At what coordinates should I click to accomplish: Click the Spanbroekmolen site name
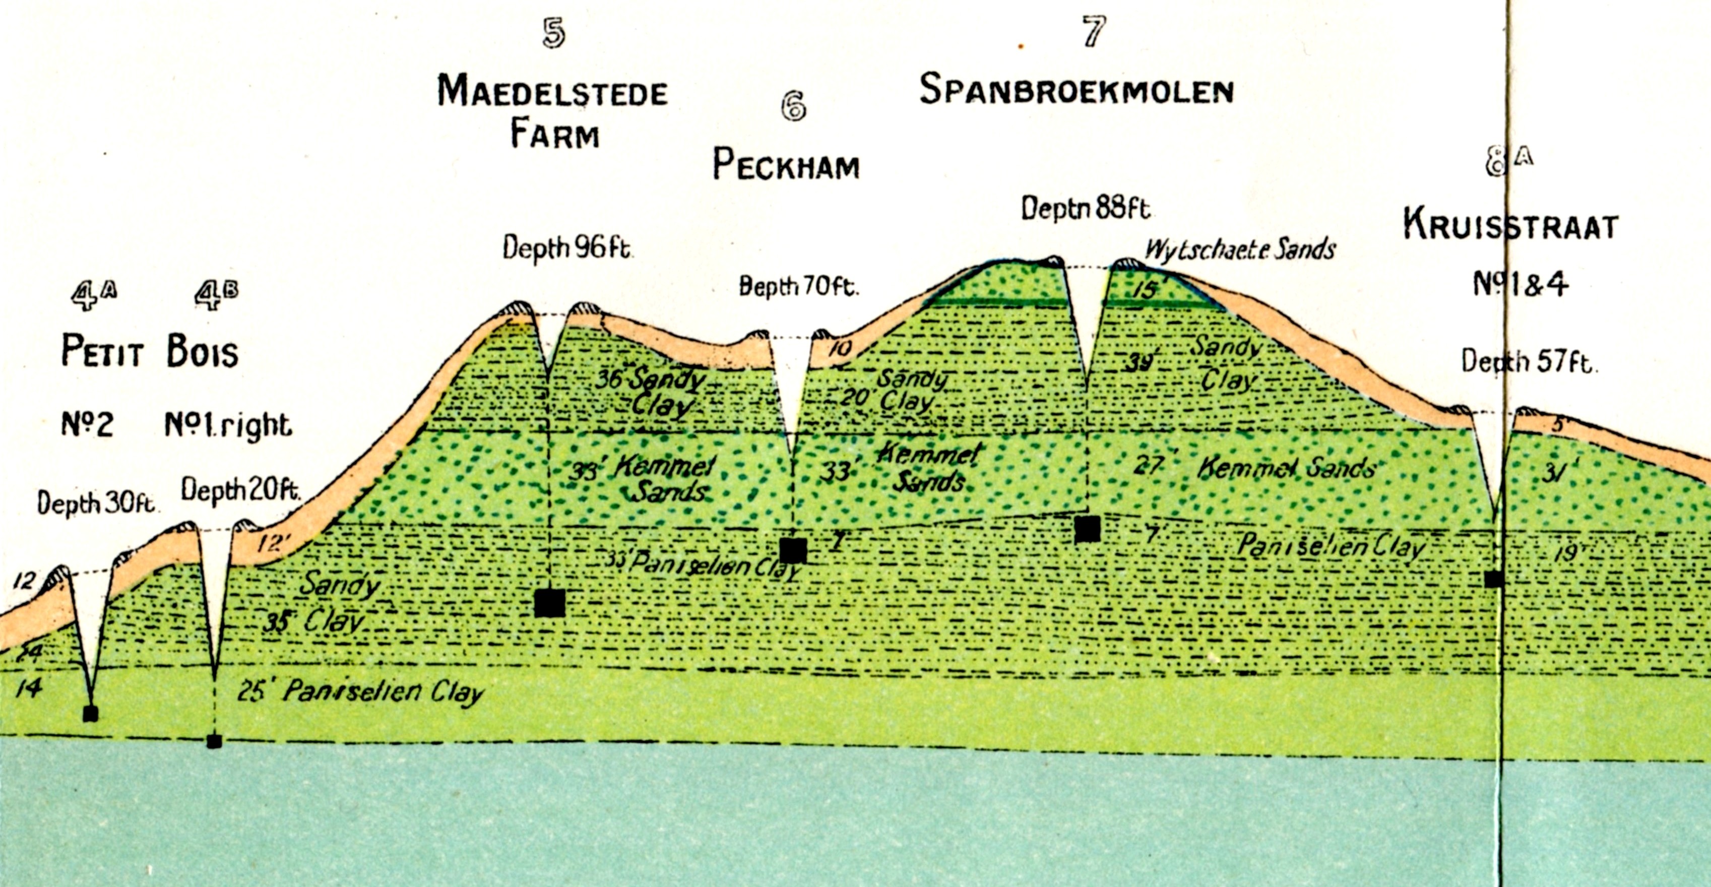point(1076,90)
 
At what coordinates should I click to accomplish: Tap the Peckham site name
point(786,164)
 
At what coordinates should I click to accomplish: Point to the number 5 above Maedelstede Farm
point(554,33)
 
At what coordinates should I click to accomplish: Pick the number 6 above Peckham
point(793,106)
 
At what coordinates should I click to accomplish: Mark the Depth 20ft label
point(240,490)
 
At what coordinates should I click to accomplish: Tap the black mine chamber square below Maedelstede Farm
point(550,603)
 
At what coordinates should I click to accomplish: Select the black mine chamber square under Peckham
point(793,551)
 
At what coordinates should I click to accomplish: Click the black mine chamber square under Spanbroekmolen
point(1087,529)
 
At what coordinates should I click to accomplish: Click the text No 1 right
point(228,425)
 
